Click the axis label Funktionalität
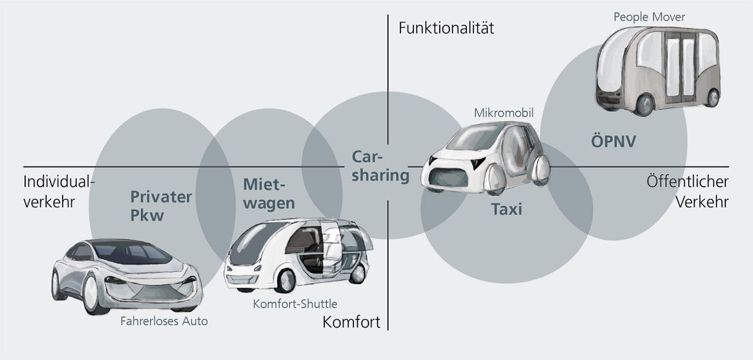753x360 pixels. coord(446,27)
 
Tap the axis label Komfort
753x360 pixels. coord(351,321)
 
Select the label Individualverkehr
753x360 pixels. coord(59,192)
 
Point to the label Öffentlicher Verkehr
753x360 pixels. coord(687,192)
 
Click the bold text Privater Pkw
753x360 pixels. coord(161,206)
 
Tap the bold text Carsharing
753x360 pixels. coord(380,166)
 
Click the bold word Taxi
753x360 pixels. coord(506,209)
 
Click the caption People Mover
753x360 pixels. coord(649,17)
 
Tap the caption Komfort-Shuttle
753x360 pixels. coord(295,303)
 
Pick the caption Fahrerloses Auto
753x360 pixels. coord(164,321)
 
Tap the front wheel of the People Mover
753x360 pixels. coord(645,104)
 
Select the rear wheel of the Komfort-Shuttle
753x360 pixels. coord(359,271)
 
